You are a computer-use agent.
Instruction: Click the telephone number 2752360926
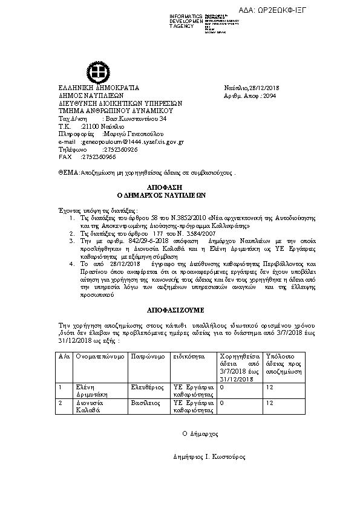[x=120, y=149]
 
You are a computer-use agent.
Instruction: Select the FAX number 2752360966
[x=99, y=157]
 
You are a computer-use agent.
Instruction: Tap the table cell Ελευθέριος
[x=146, y=385]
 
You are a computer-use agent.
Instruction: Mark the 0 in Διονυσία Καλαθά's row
[x=221, y=402]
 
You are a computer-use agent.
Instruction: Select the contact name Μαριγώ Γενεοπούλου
[x=135, y=134]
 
